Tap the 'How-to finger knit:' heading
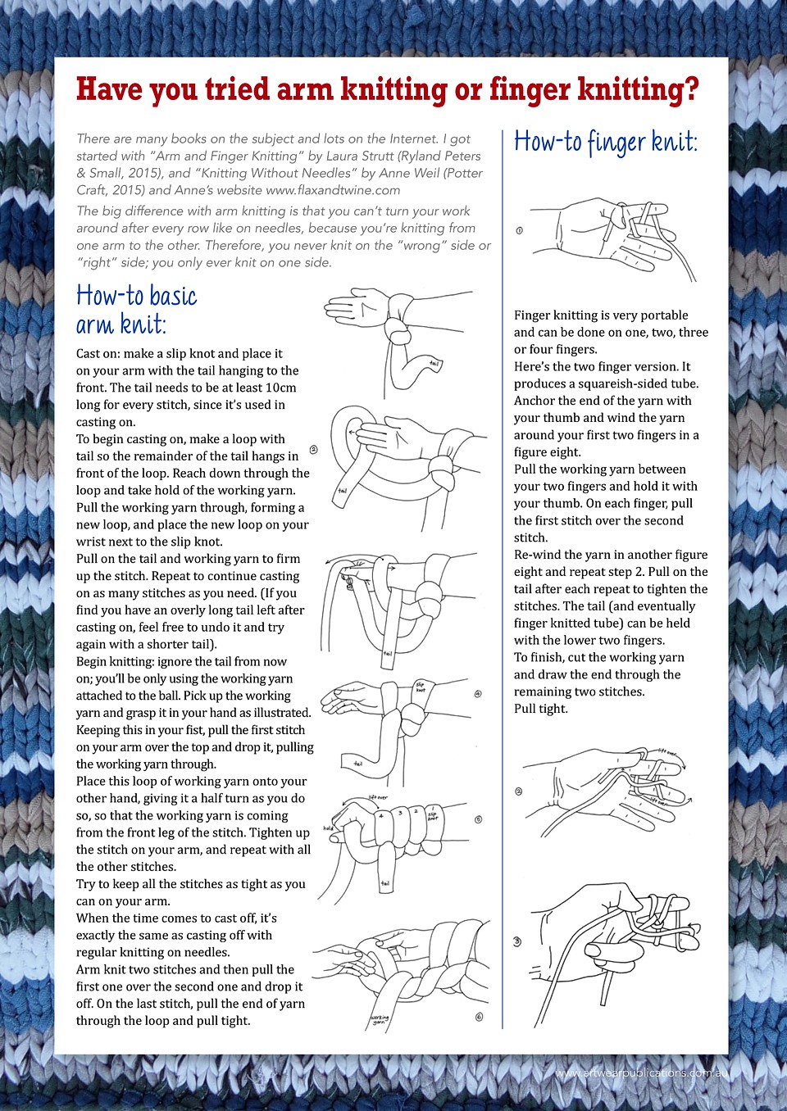(x=605, y=143)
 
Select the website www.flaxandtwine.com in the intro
(x=333, y=190)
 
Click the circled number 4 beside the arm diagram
(x=478, y=694)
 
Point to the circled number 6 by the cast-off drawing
(x=479, y=1017)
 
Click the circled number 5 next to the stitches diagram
(x=478, y=819)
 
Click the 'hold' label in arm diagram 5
(x=328, y=828)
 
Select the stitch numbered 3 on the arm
(x=399, y=813)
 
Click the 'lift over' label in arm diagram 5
(x=378, y=796)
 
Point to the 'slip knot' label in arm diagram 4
(x=421, y=687)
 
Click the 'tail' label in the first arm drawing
(x=434, y=363)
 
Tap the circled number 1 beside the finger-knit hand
(x=519, y=230)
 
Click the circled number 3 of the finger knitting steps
(x=517, y=941)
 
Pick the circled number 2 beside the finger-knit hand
(x=518, y=791)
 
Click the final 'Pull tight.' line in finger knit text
(x=540, y=709)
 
